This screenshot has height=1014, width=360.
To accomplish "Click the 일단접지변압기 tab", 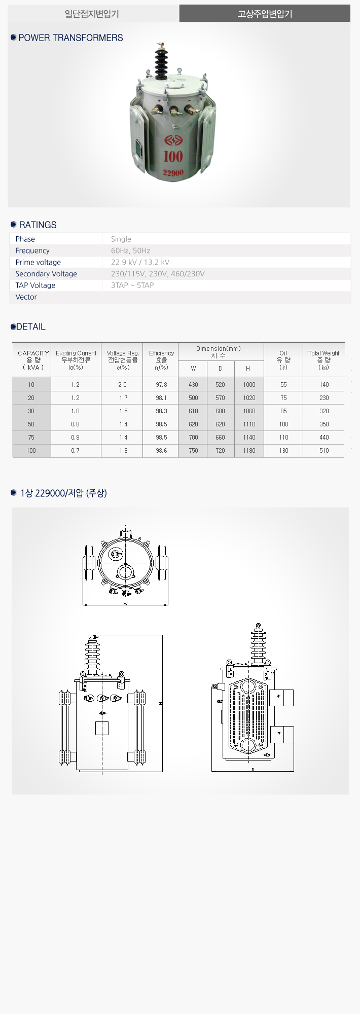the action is tap(92, 14).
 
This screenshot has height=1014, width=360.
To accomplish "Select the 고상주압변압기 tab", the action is tap(265, 14).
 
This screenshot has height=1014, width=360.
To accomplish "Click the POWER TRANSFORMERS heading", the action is tap(70, 38).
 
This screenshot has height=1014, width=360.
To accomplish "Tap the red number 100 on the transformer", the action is tap(173, 156).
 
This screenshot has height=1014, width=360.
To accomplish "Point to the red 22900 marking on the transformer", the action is tap(173, 173).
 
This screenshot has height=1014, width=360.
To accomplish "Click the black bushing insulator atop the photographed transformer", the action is tap(162, 61).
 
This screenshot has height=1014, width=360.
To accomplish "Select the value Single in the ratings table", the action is tap(121, 239).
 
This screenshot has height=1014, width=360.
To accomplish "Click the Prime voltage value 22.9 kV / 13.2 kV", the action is tap(140, 262).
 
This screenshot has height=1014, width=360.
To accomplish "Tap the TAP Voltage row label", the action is tap(35, 285).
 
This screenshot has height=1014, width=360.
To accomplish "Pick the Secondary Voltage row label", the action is tap(46, 274).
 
